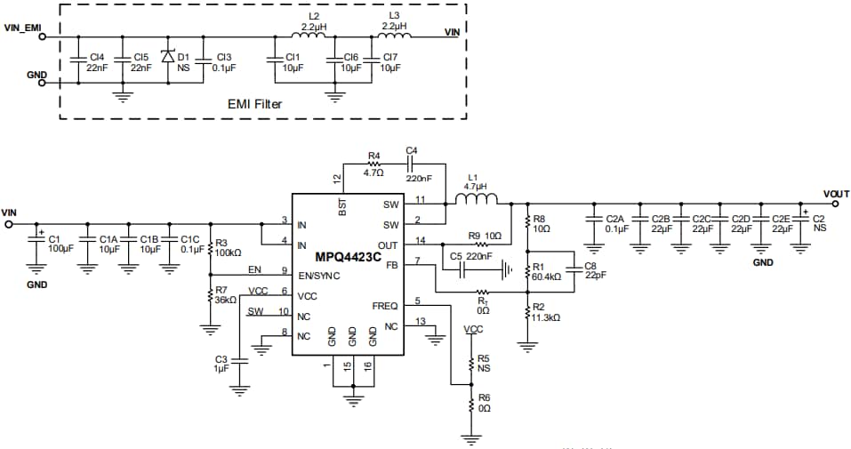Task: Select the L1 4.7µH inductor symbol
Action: pos(478,201)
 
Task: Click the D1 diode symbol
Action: pos(166,55)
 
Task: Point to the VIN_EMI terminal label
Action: pos(23,28)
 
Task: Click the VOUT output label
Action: pos(836,194)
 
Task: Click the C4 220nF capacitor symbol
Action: pos(411,164)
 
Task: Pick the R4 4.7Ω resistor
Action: pos(374,164)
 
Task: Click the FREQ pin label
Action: pos(386,305)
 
